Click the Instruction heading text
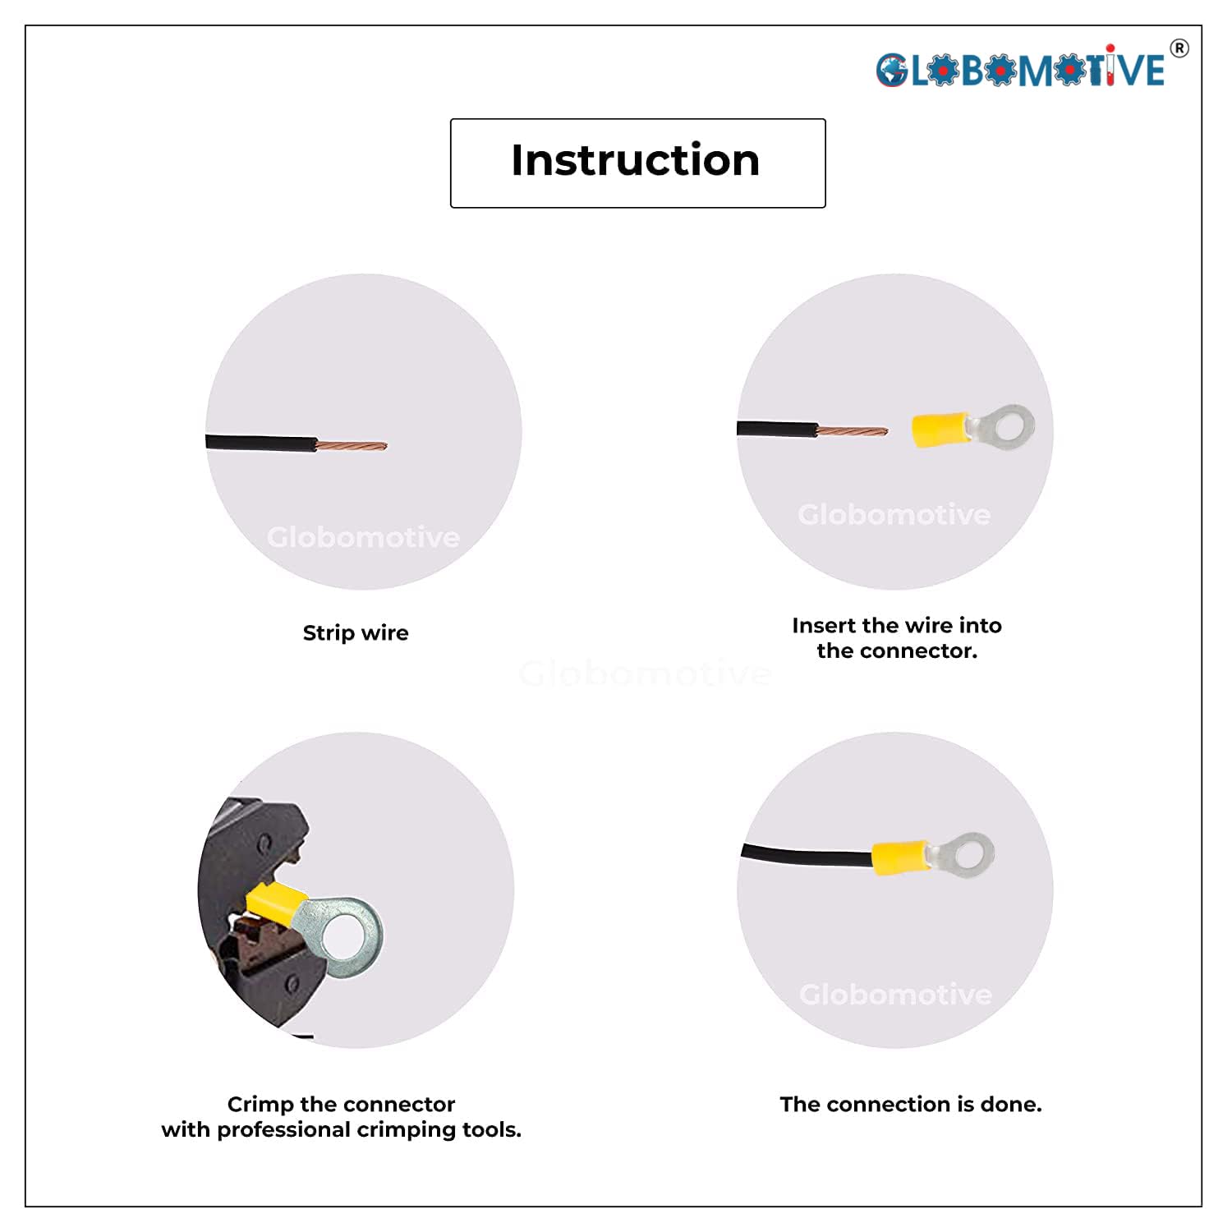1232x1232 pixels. point(636,160)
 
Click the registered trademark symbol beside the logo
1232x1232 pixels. point(1179,48)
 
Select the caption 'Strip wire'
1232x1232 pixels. point(356,633)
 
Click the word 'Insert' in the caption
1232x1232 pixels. point(825,626)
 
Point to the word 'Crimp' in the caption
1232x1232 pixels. point(260,1105)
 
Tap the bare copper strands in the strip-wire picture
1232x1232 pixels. point(351,446)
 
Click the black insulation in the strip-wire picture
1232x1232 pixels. point(260,444)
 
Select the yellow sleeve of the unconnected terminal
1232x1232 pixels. point(940,430)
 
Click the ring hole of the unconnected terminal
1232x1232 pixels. point(1007,426)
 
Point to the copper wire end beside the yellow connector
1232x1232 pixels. point(852,431)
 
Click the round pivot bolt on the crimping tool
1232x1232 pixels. point(264,844)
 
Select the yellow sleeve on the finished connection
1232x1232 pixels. point(899,857)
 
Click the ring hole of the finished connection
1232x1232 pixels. point(969,854)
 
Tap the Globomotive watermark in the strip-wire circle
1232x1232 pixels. point(363,537)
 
